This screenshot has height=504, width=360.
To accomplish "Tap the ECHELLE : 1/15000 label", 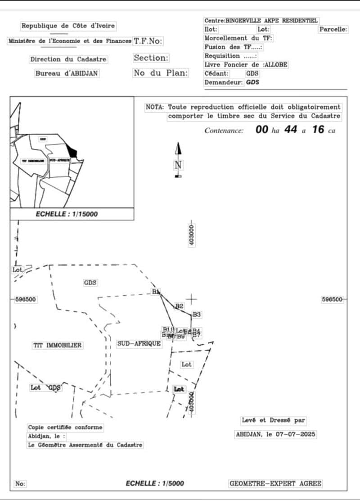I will point(67,214).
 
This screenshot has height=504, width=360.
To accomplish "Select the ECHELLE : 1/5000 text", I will point(155,483).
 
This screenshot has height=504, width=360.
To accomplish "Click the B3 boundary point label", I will point(197,314).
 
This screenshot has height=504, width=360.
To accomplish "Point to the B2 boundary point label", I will point(180,306).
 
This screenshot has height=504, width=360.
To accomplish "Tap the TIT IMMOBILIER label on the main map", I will point(58,345).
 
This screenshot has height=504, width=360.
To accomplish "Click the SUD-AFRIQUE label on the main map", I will point(139,343).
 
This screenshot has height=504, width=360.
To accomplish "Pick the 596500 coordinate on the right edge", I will point(332,299).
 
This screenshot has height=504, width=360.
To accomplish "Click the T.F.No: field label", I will point(148,41).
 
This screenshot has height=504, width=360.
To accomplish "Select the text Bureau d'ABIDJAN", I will point(67,73).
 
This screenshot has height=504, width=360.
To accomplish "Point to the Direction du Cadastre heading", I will point(68,59).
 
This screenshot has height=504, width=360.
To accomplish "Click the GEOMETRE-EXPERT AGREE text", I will point(275,484).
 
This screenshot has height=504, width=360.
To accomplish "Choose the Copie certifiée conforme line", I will point(65,427).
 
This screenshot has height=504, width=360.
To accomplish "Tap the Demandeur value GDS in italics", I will point(252,82).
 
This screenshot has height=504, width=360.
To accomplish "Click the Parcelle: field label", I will point(333,29).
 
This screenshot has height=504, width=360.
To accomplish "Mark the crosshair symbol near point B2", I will point(192,299).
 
